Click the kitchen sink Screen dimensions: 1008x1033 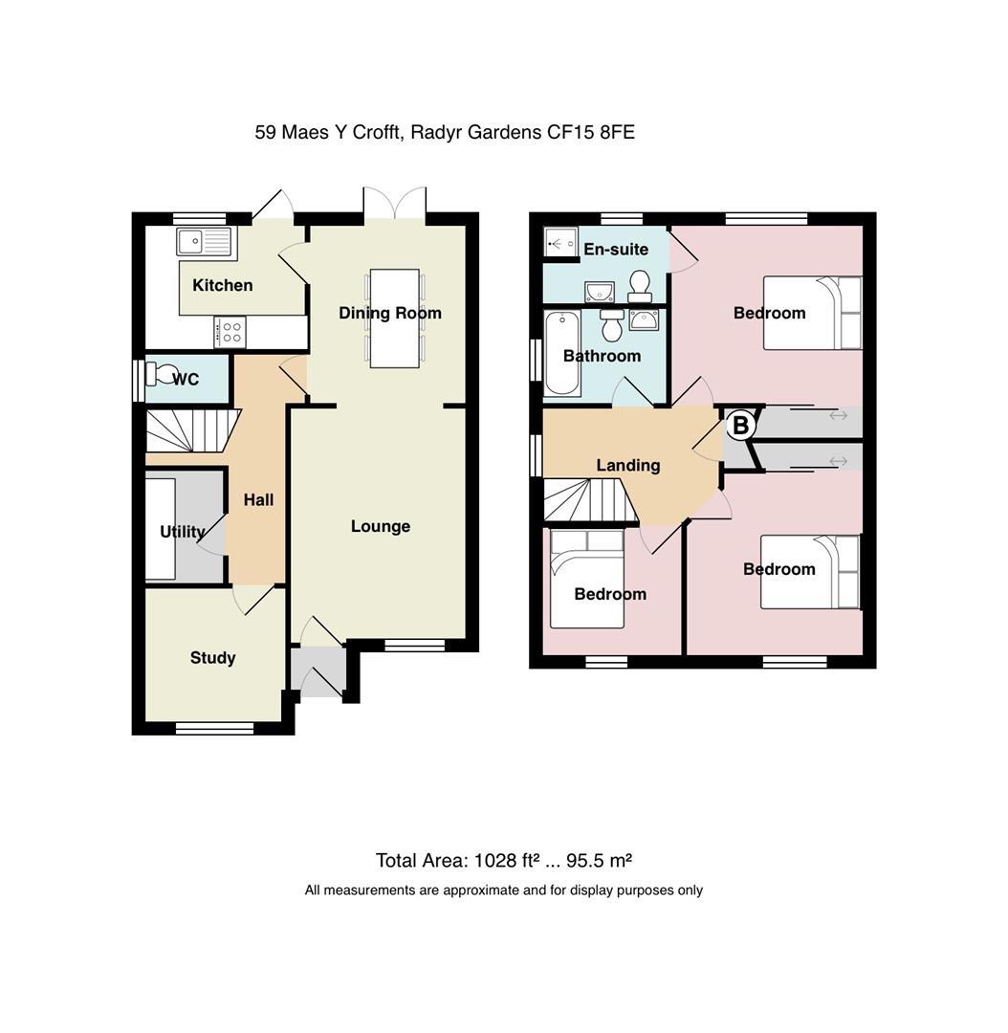coord(204,242)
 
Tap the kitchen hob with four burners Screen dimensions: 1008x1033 coord(230,332)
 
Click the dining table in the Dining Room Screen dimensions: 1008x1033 coord(395,319)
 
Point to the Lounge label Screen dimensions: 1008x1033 coord(380,526)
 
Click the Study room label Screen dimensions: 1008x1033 coord(213,657)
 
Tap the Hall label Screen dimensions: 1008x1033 coord(258,500)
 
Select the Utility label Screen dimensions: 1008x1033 coord(183,532)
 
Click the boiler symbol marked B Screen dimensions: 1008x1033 coord(740,425)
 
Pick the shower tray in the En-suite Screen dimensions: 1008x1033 coord(560,242)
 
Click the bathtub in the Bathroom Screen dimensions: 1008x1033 coord(562,353)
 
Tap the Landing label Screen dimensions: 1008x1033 coord(628,466)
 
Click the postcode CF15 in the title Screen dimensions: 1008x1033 coord(571,132)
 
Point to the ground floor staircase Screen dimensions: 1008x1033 coord(192,430)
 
